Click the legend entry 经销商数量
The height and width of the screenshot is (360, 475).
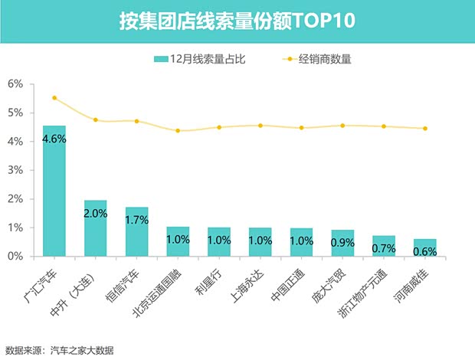[x=325, y=58]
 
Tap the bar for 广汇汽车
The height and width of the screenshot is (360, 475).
[x=54, y=191]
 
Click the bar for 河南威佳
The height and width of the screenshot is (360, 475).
[x=424, y=247]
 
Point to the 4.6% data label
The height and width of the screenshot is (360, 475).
[x=54, y=139]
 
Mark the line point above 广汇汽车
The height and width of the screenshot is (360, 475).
[x=54, y=98]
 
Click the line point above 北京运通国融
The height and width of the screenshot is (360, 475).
[x=178, y=131]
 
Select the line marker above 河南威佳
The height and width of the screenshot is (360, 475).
[x=425, y=129]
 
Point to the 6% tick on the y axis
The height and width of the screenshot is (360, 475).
[x=15, y=83]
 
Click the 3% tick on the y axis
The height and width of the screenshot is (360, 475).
[x=15, y=170]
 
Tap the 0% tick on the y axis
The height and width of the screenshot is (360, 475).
[x=15, y=257]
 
